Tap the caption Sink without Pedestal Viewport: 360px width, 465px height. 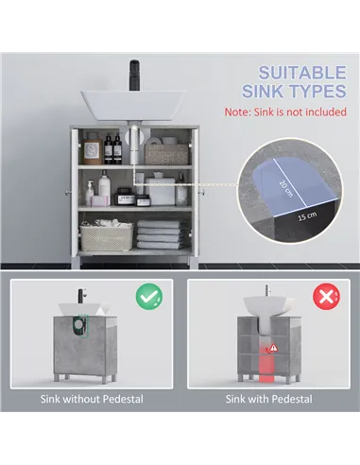coord(92,399)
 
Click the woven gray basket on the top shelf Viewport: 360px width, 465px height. coord(166,152)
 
